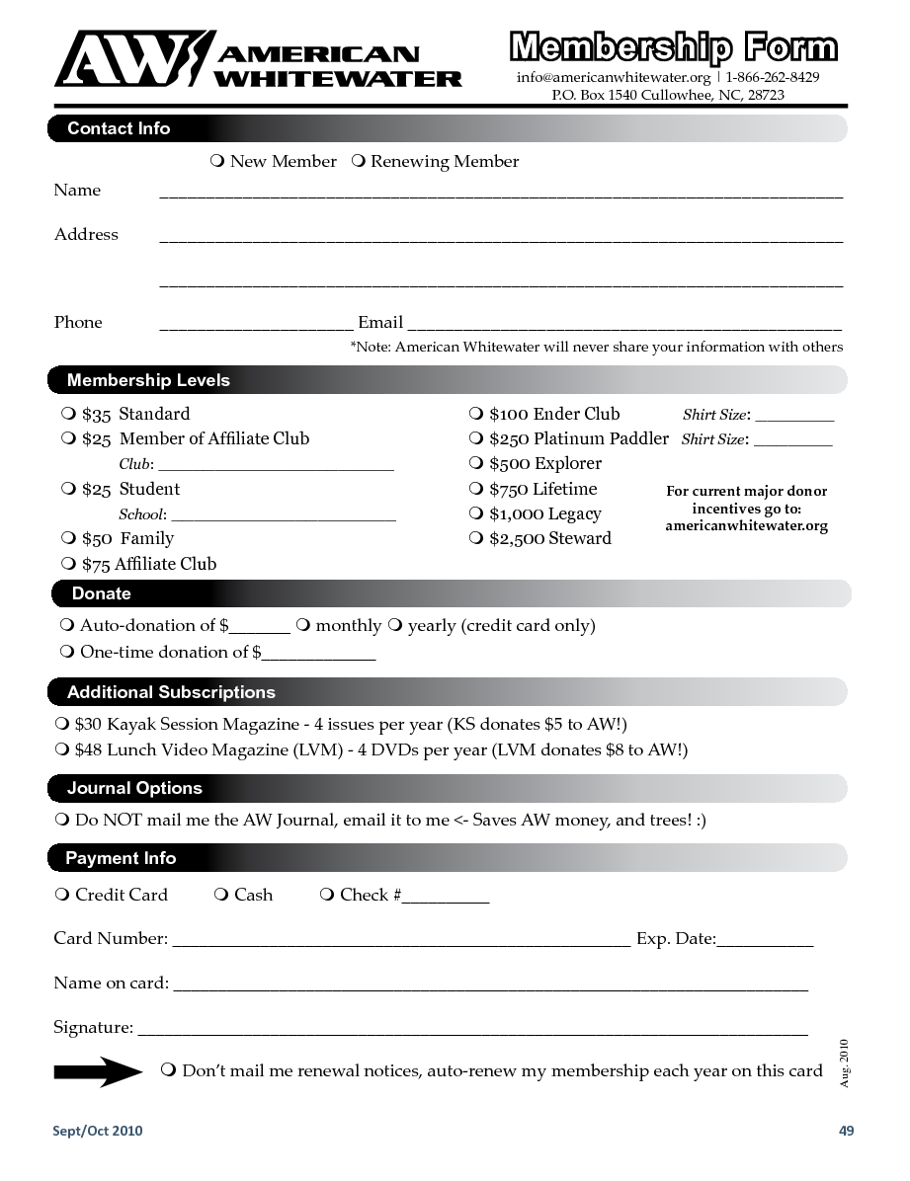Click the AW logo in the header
point(133,59)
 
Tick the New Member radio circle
point(217,161)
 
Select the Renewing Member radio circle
point(359,161)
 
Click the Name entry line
point(500,194)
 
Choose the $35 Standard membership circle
point(68,414)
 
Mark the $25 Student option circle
point(68,489)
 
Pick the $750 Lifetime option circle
point(475,489)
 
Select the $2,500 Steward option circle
point(475,538)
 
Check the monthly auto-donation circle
point(303,625)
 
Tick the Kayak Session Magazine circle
point(62,724)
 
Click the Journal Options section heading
point(134,788)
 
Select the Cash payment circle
point(221,895)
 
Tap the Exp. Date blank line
point(765,943)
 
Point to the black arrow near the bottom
point(98,1071)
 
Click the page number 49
point(846,1131)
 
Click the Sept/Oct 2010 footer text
point(98,1131)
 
